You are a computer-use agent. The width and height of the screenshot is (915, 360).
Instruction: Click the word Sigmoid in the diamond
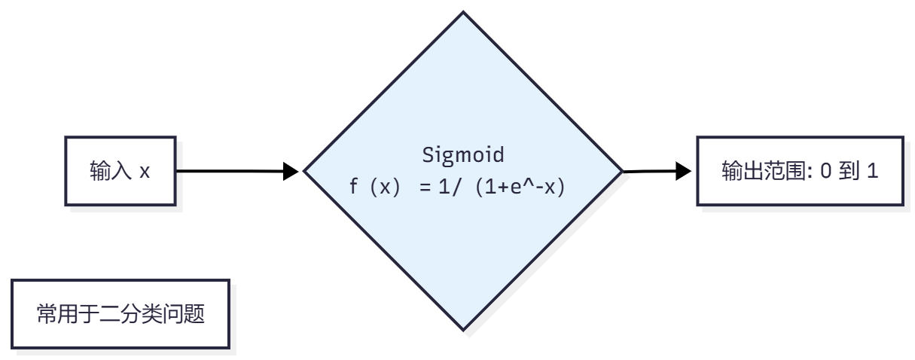coord(463,156)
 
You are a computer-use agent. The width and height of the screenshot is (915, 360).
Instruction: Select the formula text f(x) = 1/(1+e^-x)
coord(457,187)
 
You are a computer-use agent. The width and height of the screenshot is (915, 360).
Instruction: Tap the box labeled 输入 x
coord(120,171)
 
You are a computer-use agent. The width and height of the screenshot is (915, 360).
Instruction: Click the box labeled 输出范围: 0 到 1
coord(800,171)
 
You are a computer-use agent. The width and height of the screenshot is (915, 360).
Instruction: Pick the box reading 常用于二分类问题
coord(120,314)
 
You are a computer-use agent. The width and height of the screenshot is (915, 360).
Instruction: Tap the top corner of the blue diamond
coord(463,13)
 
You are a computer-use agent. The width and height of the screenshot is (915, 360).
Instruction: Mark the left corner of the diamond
coord(305,171)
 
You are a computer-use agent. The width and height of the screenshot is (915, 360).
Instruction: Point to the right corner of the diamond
coord(621,171)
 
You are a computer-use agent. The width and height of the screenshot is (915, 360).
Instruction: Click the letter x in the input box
coord(145,172)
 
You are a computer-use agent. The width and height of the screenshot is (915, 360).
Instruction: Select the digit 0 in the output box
coord(825,172)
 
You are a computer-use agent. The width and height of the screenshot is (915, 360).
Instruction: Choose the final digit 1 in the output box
coord(873,172)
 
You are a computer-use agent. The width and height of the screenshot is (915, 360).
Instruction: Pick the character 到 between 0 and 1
coord(849,172)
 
